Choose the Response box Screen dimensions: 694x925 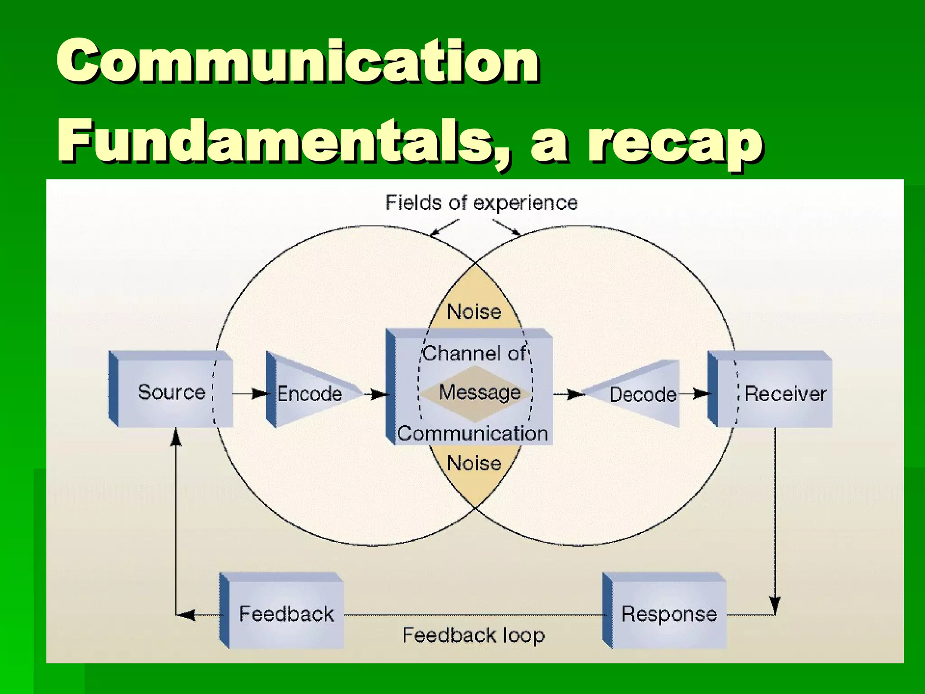pyautogui.click(x=669, y=614)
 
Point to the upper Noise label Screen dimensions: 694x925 pyautogui.click(x=474, y=312)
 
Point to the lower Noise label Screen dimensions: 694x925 pyautogui.click(x=474, y=463)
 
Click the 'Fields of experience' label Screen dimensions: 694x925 pyautogui.click(x=481, y=203)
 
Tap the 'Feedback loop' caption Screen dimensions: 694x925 pyautogui.click(x=473, y=635)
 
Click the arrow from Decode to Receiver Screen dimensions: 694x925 pyautogui.click(x=695, y=394)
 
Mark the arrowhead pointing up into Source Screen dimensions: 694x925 pyautogui.click(x=176, y=436)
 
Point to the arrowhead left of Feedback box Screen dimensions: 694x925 pyautogui.click(x=186, y=614)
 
